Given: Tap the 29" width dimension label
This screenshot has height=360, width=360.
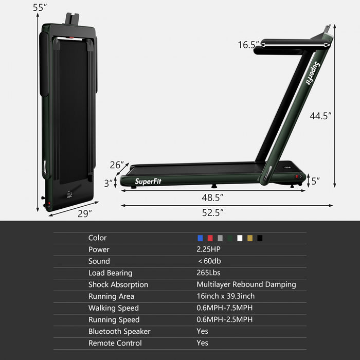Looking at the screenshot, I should coord(84,212).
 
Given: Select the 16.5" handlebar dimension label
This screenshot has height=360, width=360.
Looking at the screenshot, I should coord(248,45).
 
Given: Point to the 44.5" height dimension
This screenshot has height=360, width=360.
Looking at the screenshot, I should coord(320,116).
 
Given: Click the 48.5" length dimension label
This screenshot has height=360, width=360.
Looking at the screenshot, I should coord(212,196).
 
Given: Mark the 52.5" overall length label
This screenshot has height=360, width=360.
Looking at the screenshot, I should coord(212,212).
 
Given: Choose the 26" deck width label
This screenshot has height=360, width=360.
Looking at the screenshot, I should coord(117,165).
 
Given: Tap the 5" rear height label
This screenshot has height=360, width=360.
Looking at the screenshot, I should coord(315,181).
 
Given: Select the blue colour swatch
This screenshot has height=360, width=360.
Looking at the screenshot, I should coord(200,238).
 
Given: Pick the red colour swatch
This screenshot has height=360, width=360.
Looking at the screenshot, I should coord(210,238).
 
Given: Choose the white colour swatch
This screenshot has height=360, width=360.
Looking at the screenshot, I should coord(240,238).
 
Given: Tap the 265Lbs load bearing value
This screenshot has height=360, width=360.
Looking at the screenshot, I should coord(208,273).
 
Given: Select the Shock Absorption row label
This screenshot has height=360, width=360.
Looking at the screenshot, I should coord(118,284).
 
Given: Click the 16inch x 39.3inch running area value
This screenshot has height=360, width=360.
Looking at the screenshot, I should coord(225,296).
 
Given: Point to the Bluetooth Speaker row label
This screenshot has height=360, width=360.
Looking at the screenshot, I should coord(119,332).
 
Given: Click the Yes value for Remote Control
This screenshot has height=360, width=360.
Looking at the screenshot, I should coord(202,343).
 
